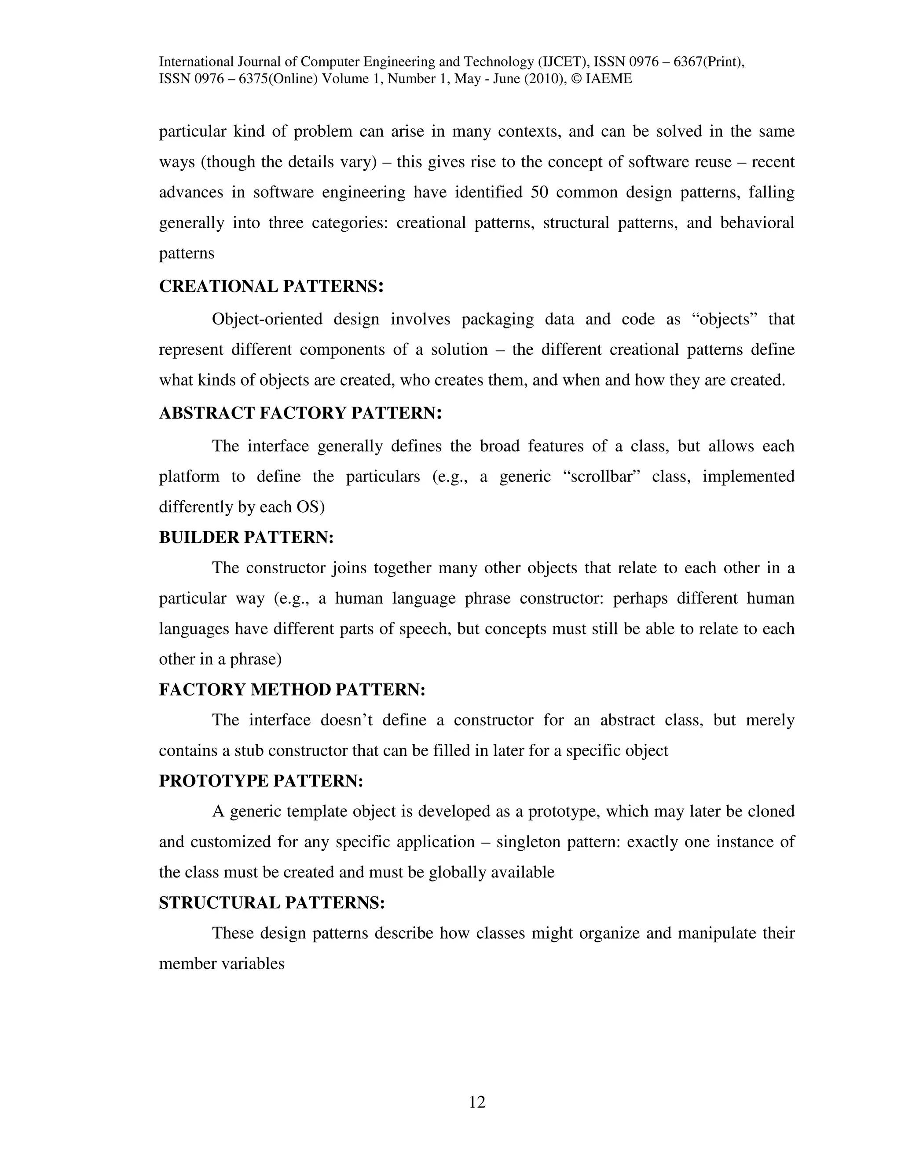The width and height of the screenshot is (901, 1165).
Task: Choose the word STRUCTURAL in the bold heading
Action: point(220,903)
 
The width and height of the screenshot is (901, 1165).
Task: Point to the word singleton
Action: point(528,842)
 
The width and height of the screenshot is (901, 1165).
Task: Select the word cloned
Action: point(766,812)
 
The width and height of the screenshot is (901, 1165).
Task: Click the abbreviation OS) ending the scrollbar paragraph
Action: point(310,507)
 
